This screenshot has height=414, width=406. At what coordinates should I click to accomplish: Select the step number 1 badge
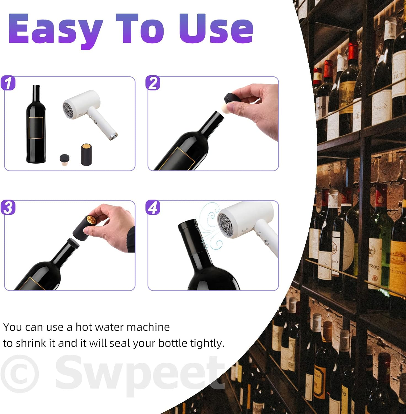tap(8, 83)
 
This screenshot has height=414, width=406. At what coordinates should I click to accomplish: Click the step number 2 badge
tap(153, 83)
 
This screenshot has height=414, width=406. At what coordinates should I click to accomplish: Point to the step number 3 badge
tap(8, 208)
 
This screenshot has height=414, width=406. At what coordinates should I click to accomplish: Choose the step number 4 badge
tap(153, 208)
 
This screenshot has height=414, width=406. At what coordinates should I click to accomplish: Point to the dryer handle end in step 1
tap(113, 136)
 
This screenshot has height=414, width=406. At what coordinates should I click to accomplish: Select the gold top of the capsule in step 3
tap(91, 220)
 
